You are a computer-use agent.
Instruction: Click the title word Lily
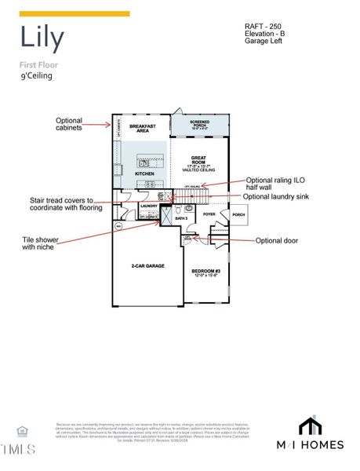42,38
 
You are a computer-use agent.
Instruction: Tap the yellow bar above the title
75,14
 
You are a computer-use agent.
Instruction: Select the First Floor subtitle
38,64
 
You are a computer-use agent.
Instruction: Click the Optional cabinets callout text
69,124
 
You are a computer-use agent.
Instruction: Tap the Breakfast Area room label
143,129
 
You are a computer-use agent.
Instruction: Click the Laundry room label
149,206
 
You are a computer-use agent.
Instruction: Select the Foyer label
209,213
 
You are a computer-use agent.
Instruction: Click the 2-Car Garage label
147,266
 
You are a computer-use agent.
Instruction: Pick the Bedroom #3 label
206,272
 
